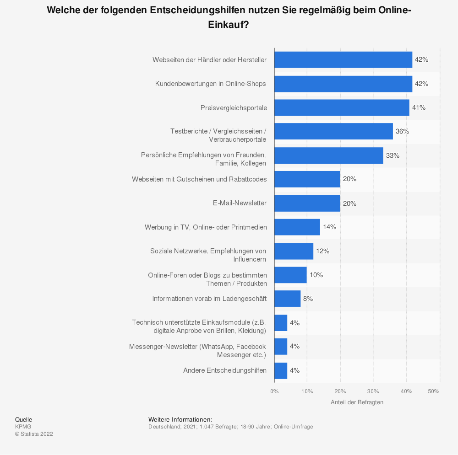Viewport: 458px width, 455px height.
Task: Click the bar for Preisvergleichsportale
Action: point(342,107)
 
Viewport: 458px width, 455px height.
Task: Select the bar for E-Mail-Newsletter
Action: point(307,203)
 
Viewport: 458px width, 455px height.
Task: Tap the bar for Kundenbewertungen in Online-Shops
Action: point(343,84)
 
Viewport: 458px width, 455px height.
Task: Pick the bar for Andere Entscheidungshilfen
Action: point(281,370)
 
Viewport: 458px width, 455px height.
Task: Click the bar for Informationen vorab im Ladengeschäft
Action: point(287,299)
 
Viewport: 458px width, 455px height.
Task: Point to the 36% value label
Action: point(402,131)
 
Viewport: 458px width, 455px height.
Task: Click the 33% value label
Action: point(393,155)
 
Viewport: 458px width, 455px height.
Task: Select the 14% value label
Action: point(329,227)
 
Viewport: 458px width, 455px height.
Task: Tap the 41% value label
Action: point(419,107)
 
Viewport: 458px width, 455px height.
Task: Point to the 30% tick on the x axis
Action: point(373,391)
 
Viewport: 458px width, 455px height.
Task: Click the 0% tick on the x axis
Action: point(274,391)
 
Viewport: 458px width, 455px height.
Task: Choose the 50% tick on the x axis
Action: point(434,391)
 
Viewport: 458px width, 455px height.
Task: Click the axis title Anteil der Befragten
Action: point(357,402)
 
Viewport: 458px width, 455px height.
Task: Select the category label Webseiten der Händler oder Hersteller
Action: point(209,60)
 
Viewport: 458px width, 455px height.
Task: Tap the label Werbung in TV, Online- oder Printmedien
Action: point(206,227)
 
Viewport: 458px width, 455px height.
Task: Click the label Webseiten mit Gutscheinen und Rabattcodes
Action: point(199,179)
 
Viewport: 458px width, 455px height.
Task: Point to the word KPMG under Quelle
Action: point(23,427)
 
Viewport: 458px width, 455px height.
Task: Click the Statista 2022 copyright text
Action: point(34,434)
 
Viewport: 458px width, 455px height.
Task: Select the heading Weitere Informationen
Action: point(180,419)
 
